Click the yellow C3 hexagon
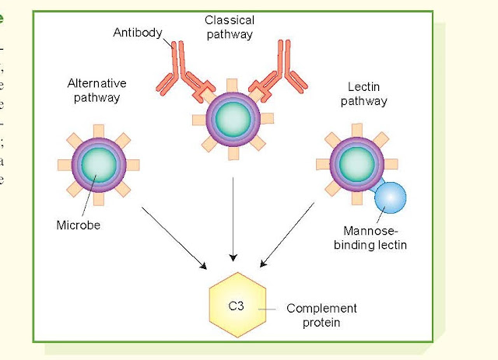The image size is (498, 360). [238, 306]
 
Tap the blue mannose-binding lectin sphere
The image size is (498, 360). [390, 198]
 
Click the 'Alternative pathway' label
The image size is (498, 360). [96, 90]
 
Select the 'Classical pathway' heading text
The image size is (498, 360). [230, 27]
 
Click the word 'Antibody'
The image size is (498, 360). [137, 33]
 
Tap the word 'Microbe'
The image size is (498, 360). [79, 226]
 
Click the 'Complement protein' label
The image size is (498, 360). [321, 315]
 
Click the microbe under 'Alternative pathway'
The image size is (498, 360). [99, 165]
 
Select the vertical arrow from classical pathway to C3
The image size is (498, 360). [233, 218]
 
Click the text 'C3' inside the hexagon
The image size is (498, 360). [237, 306]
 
